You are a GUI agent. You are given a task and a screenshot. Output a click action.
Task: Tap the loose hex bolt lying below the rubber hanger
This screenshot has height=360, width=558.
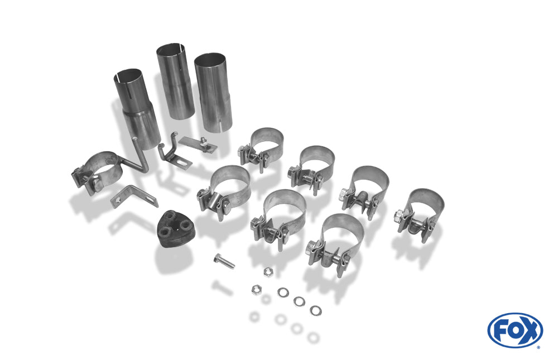coord(224,261)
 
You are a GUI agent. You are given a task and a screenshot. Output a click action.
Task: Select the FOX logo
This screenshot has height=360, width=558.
coord(515,330)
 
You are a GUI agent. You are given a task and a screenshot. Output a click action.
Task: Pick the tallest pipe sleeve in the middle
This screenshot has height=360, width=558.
coord(175,81)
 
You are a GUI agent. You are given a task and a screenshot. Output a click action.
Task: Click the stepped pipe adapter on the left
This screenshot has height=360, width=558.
coord(137,108)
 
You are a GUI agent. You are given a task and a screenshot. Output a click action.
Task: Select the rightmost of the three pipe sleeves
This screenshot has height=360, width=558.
coord(213,92)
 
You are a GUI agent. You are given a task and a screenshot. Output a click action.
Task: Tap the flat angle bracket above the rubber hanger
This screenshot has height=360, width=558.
coord(134,197)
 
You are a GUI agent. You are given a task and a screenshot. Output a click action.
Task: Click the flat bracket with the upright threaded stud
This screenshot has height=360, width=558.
coord(198,144)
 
